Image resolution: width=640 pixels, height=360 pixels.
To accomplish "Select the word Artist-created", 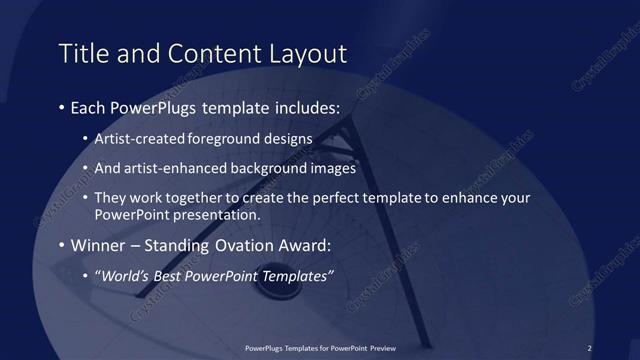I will point(137,139).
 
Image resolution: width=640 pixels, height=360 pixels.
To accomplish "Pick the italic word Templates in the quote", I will point(297,276).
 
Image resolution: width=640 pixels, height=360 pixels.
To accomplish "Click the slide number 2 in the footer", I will point(590,348).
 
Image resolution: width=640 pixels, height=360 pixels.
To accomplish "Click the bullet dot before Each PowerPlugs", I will point(61,106).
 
